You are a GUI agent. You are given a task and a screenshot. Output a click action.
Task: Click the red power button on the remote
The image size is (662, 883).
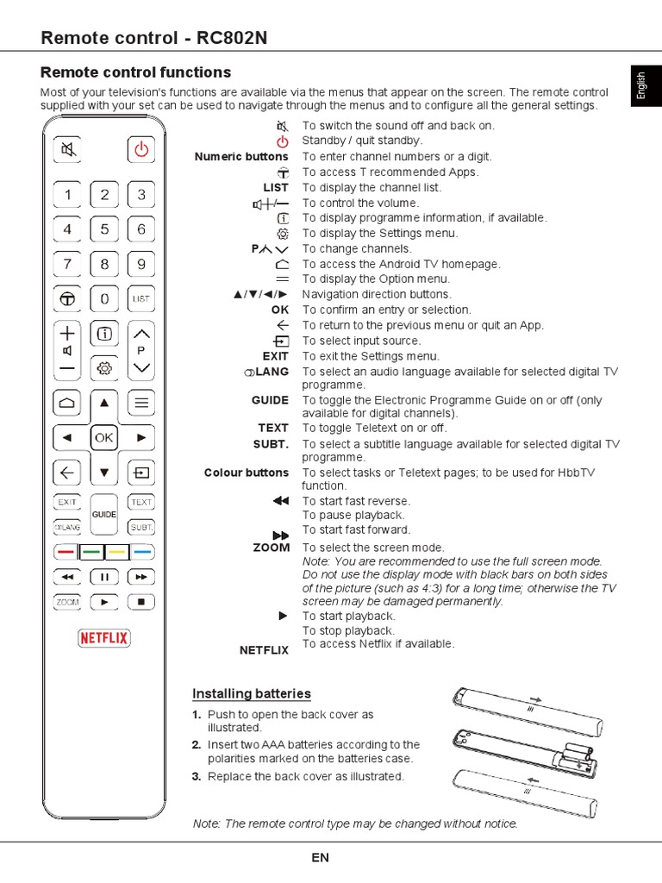141,150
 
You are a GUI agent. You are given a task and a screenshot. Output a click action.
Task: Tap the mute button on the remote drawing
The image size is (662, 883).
68,150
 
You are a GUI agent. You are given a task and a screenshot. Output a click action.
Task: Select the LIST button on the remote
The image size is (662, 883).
141,298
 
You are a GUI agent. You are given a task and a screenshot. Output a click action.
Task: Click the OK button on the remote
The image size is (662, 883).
104,438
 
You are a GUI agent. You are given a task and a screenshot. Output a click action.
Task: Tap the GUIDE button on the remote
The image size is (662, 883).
104,514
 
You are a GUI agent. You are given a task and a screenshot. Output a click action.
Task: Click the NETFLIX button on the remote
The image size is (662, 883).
104,638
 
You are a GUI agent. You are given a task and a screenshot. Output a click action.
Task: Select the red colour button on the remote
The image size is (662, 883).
66,550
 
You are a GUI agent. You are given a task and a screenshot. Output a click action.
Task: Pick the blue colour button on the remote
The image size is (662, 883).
142,550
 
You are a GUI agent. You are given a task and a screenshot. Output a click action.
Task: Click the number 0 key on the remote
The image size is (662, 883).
104,298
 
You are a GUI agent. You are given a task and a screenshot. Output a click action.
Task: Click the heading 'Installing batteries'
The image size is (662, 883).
251,693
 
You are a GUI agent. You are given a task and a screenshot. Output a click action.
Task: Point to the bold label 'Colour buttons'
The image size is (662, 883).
247,473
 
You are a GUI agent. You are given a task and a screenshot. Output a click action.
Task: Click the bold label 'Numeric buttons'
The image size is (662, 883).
241,156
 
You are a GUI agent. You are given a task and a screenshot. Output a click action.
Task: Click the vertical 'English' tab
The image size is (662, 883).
640,86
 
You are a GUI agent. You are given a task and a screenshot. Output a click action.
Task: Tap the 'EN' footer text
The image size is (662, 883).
320,857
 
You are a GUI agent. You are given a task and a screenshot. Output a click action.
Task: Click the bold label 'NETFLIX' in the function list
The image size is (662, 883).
264,650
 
